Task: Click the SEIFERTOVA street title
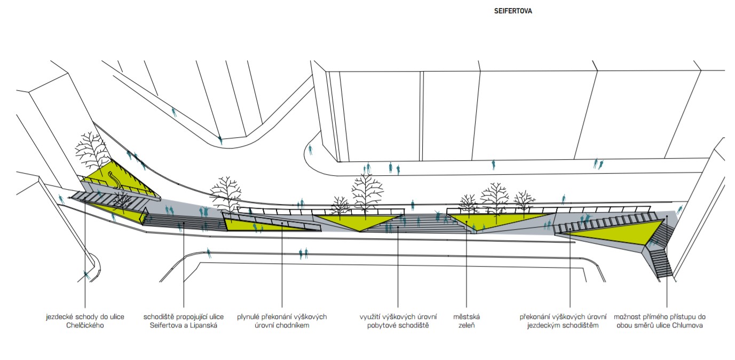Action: coord(513,11)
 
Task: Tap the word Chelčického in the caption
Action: coord(85,325)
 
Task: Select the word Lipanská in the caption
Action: coord(203,325)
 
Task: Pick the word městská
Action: coord(467,317)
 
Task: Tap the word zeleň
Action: coord(467,325)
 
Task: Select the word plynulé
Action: coord(248,317)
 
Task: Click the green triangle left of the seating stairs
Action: coord(359,221)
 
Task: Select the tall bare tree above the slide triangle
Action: coord(91,152)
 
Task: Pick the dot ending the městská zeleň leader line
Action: coord(467,222)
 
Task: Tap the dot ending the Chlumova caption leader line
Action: coord(667,216)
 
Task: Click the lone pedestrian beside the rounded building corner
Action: coord(310,150)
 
